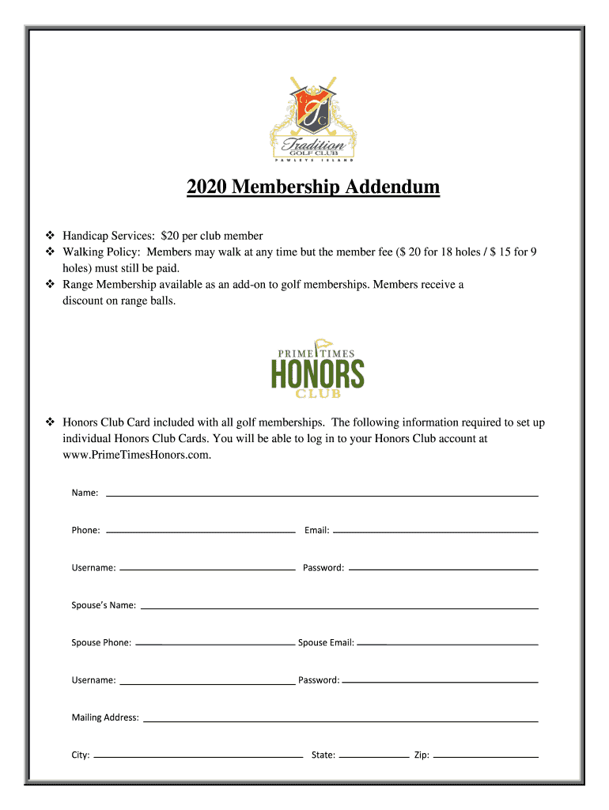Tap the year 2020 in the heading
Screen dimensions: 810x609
tap(207, 187)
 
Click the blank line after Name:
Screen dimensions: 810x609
tap(322, 494)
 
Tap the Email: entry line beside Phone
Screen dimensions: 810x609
tap(435, 532)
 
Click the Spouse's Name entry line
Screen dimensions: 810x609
tap(339, 607)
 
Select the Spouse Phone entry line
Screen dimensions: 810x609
tap(215, 645)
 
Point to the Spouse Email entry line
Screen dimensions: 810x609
tap(448, 645)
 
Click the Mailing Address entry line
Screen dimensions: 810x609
tap(340, 720)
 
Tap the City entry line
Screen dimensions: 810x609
tap(198, 757)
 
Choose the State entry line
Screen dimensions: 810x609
tap(374, 757)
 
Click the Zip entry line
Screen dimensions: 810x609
tap(486, 757)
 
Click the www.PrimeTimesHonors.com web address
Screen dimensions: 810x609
tap(137, 454)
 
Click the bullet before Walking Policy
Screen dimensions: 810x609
tap(50, 252)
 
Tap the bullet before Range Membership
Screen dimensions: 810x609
tap(50, 284)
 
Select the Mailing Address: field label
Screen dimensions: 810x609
tap(105, 717)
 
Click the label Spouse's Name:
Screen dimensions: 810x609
tap(104, 605)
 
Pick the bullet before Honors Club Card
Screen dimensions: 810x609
tap(50, 422)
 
